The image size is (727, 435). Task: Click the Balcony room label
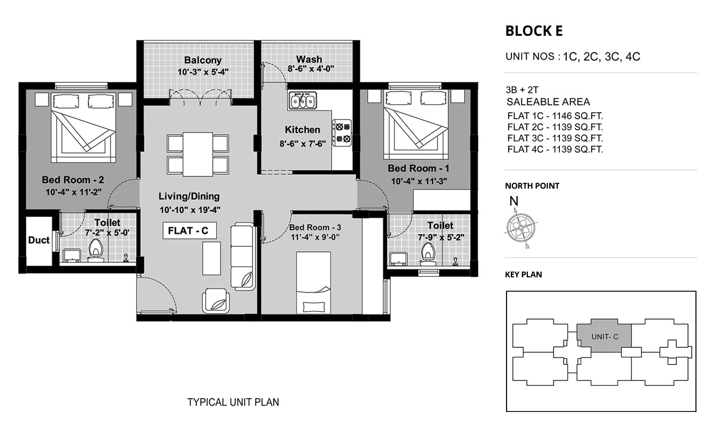pos(203,60)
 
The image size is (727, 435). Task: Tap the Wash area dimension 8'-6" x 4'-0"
pos(311,69)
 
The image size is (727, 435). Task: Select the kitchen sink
pos(303,100)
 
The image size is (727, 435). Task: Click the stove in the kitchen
pos(342,133)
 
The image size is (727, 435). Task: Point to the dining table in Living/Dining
pos(197,154)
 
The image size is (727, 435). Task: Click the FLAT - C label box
pos(189,231)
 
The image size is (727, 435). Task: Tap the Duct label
pos(38,240)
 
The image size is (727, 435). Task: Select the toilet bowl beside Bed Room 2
pos(96,251)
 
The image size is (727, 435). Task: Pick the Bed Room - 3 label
pos(315,228)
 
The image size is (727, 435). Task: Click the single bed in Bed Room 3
pos(313,283)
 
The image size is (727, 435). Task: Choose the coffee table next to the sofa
pos(211,258)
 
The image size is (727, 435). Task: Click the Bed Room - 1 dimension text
pos(419,181)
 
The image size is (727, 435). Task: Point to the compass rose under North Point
pos(521,228)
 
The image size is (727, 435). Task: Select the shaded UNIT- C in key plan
pos(604,337)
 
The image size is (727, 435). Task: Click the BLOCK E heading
pos(534,31)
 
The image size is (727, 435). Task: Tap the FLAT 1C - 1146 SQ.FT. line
pos(555,116)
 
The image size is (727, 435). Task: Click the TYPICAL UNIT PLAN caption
pos(233,402)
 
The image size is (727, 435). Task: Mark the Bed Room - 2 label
pos(73,180)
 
